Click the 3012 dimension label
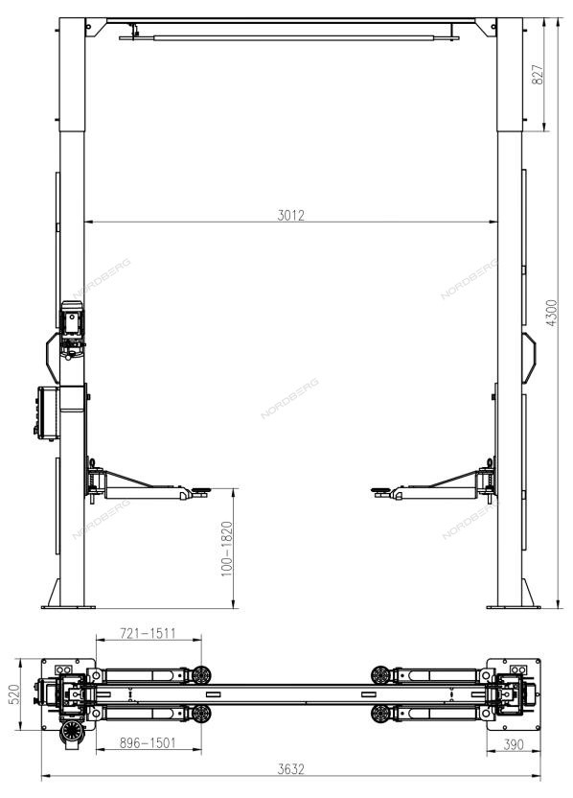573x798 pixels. click(x=291, y=215)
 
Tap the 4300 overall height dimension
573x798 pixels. click(x=552, y=313)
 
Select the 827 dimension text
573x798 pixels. click(x=538, y=74)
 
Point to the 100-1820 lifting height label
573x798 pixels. click(x=227, y=549)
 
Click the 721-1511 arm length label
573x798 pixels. click(x=148, y=633)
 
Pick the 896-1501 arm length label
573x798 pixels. click(x=148, y=742)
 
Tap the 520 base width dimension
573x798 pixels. click(x=13, y=694)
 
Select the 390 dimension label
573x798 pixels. click(x=513, y=744)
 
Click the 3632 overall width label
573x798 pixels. click(x=291, y=769)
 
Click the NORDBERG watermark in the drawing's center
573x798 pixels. click(x=289, y=398)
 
